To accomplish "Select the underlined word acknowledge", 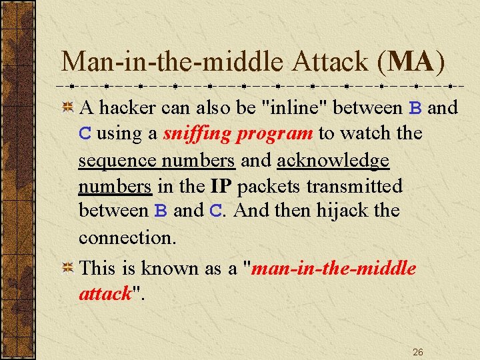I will tap(333, 160).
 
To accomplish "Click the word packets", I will tap(271, 185).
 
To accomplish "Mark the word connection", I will tap(127, 237).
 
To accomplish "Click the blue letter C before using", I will tap(85, 134).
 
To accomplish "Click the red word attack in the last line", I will tap(104, 294).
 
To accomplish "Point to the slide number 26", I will tap(418, 351).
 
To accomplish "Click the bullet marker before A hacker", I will tap(67, 107).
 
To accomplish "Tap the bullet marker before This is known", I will tap(67, 268).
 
